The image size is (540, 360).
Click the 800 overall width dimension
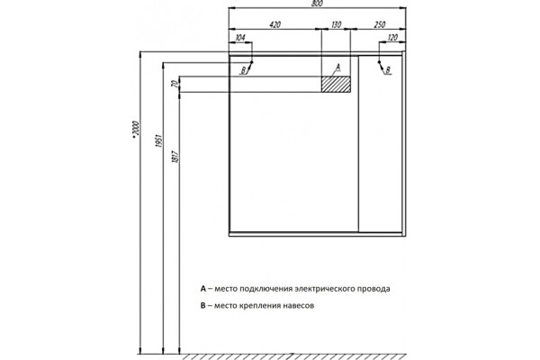[317, 4]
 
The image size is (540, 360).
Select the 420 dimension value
[274, 25]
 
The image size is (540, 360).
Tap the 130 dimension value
[336, 25]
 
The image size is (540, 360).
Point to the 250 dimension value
[379, 25]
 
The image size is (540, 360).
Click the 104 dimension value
[239, 38]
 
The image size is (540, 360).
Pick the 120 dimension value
[392, 38]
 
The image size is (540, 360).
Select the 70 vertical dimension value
[175, 84]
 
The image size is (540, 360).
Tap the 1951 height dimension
[158, 141]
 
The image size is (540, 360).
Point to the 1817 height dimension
[175, 157]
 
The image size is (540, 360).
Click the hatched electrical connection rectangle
[336, 85]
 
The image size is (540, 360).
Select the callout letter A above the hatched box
[337, 67]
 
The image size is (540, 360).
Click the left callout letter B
[244, 70]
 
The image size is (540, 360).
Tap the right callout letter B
[388, 70]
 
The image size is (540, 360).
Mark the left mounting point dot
[252, 62]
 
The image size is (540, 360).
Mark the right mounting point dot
[379, 62]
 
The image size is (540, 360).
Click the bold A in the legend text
[203, 289]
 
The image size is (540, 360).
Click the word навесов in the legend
[299, 306]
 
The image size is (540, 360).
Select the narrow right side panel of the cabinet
[380, 144]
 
